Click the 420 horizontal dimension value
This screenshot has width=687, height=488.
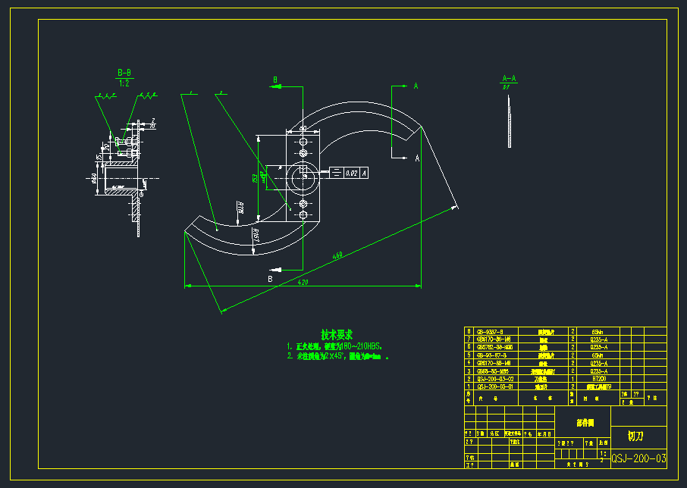coord(303,282)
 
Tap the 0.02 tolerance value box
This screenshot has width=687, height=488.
coord(352,174)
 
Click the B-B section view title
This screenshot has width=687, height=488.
coord(124,73)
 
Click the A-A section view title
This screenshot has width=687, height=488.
coord(509,78)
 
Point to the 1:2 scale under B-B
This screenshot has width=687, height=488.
coord(124,83)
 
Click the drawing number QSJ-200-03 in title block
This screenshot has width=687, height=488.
coord(639,458)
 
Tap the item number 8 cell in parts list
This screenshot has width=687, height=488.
coord(469,331)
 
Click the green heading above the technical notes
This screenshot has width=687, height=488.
coord(337,334)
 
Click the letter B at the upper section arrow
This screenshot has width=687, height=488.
coord(276,79)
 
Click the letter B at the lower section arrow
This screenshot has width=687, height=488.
coord(269,278)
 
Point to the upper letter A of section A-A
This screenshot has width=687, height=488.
coord(416,86)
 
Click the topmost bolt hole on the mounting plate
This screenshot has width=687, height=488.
coord(303,142)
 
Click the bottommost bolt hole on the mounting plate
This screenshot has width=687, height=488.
coord(303,216)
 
